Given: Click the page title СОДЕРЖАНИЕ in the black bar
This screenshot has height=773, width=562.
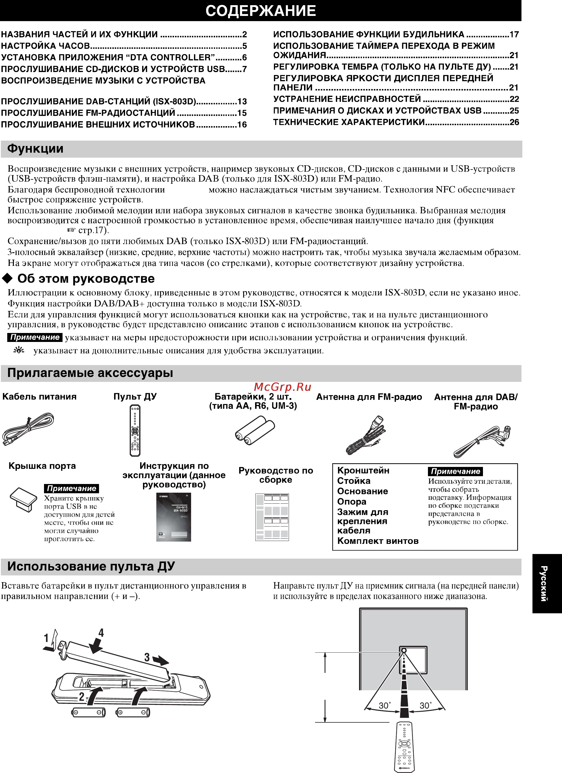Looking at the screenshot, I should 261,11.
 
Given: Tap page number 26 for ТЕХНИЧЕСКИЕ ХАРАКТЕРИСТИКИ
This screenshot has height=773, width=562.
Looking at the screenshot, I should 514,122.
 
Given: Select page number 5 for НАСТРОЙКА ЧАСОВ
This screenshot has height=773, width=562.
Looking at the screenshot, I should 244,46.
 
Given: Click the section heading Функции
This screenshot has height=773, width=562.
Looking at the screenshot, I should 35,149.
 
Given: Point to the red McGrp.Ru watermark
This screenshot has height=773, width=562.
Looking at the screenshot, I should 282,387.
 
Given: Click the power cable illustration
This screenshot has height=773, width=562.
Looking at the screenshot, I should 28,428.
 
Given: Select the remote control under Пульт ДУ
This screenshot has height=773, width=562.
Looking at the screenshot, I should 135,430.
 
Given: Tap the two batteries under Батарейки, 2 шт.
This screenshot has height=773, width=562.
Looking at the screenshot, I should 255,430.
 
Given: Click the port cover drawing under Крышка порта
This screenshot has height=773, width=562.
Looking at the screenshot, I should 23,499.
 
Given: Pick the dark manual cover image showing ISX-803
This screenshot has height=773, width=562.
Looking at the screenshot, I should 173,517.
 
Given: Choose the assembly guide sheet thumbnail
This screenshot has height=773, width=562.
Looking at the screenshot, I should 272,517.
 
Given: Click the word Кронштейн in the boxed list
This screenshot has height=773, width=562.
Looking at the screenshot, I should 363,471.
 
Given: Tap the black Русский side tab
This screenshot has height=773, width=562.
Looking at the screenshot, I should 547,584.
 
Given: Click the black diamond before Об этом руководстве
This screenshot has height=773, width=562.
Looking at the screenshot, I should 7,279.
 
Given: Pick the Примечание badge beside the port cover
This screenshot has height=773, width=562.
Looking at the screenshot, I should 71,488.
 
